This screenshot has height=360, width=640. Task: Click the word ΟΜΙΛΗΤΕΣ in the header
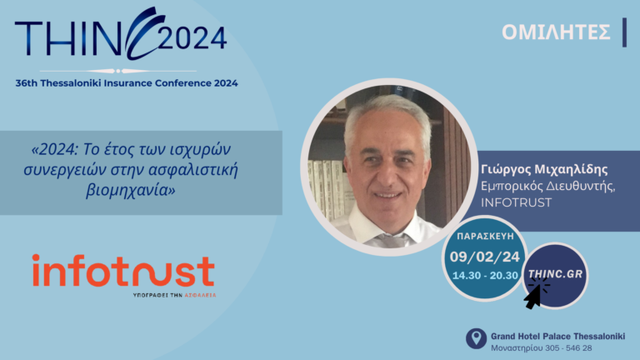pyautogui.click(x=556, y=32)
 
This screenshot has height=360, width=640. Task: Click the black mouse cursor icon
pyautogui.click(x=534, y=294)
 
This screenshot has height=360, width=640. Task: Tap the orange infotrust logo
pyautogui.click(x=123, y=271)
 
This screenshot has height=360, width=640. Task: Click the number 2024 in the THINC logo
pyautogui.click(x=192, y=37)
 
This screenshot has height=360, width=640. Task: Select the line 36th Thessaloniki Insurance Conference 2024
pyautogui.click(x=127, y=82)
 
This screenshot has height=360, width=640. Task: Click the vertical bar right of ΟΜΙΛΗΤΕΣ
pyautogui.click(x=624, y=32)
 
